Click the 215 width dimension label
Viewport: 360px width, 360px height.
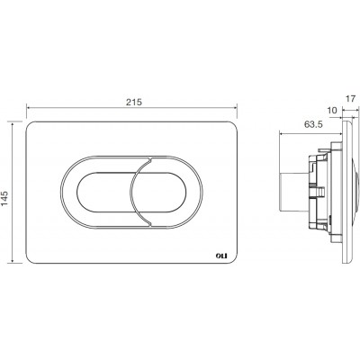tap(133, 103)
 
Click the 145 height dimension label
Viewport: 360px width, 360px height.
tap(5, 199)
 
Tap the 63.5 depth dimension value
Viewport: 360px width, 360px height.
tap(313, 124)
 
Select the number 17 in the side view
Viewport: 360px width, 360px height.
tap(350, 98)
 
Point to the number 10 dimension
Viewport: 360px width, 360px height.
tap(332, 111)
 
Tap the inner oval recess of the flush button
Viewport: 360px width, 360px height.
tap(131, 193)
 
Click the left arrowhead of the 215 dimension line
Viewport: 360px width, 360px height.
tap(29, 107)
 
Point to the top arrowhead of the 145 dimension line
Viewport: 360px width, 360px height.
tap(13, 124)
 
